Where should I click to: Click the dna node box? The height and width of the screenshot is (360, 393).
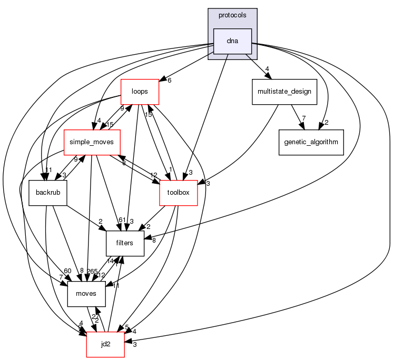[232, 41]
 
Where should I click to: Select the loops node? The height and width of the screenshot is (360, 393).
[140, 92]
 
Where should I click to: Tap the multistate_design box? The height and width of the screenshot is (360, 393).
[284, 92]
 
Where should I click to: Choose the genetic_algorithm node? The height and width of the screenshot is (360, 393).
[311, 142]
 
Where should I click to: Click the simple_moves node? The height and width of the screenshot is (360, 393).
[92, 142]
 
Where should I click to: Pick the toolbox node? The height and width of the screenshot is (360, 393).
[179, 193]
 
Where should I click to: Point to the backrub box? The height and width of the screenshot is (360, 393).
[48, 193]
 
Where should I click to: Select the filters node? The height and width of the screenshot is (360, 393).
[125, 243]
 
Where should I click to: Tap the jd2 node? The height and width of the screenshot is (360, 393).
[105, 344]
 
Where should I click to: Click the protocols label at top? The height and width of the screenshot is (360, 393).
[232, 15]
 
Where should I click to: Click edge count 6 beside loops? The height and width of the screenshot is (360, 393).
[169, 81]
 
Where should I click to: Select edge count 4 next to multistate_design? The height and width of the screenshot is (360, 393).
[268, 68]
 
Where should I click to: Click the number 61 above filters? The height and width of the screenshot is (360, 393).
[121, 219]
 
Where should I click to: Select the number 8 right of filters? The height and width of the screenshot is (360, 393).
[154, 240]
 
